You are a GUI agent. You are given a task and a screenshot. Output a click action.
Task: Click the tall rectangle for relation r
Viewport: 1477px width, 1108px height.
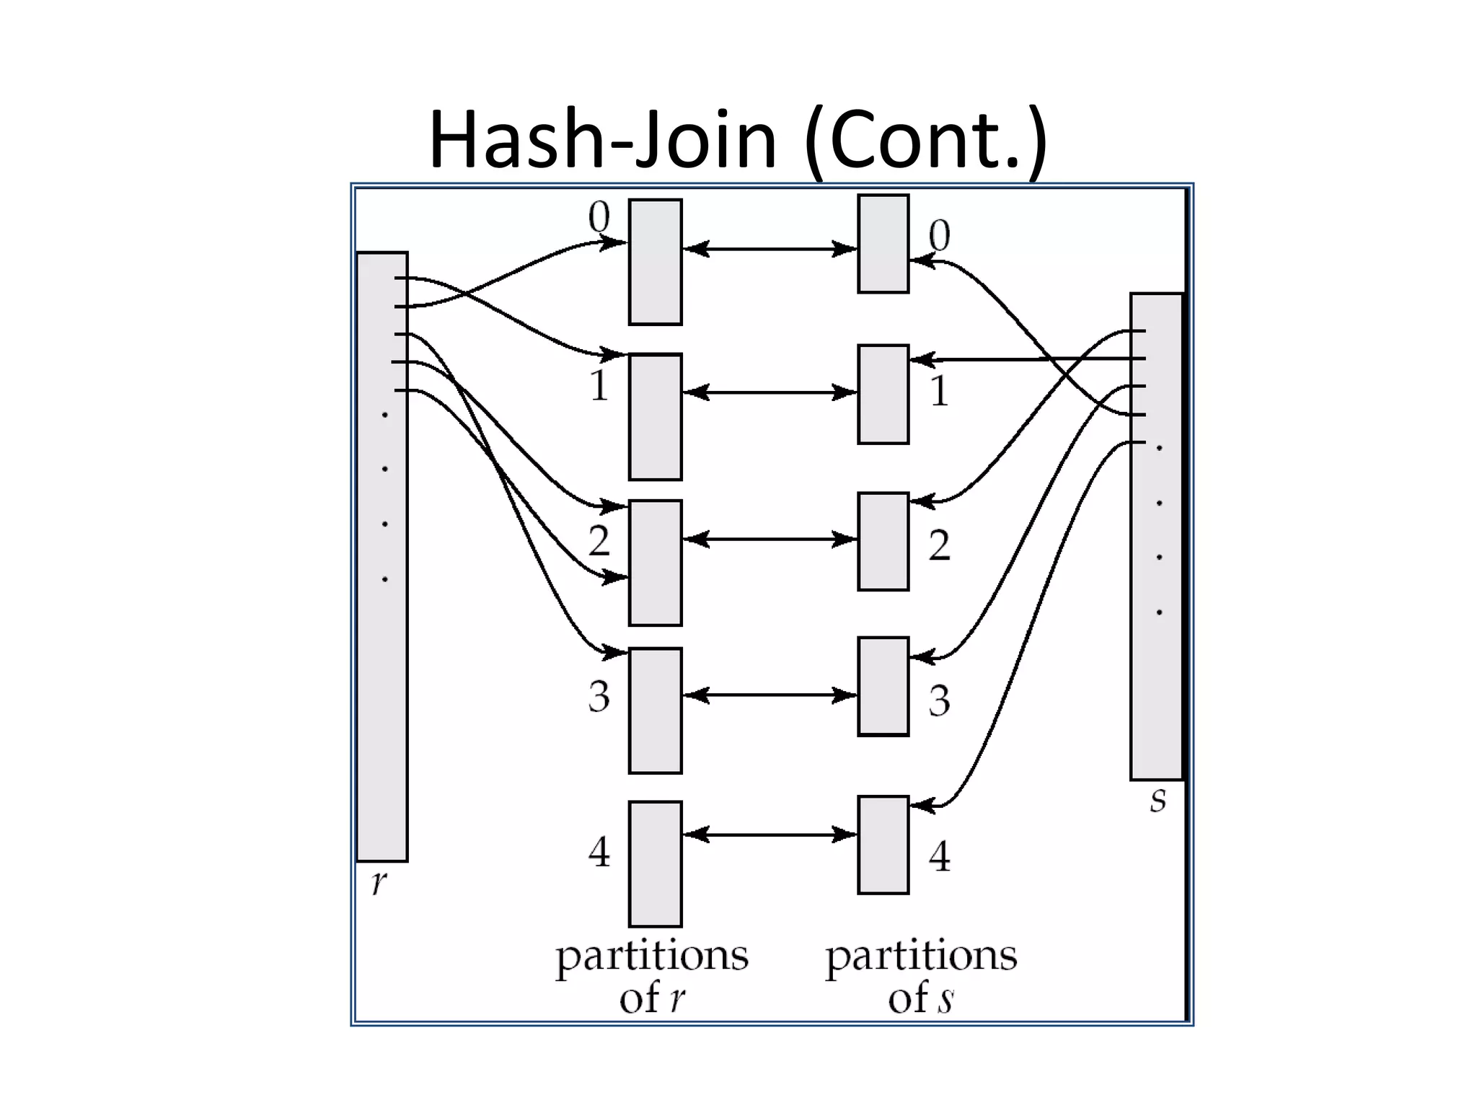[x=382, y=649]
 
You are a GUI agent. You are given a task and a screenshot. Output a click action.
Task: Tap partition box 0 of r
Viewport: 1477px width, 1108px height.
[x=655, y=262]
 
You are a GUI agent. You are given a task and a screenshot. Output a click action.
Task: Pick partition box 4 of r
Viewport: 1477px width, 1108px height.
[x=655, y=863]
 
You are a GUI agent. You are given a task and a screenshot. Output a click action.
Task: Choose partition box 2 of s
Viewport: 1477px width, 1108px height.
[x=883, y=542]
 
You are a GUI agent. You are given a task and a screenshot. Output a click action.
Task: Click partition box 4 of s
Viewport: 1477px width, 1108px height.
[x=883, y=845]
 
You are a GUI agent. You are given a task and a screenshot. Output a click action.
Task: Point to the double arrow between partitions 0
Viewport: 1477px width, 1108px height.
[x=770, y=249]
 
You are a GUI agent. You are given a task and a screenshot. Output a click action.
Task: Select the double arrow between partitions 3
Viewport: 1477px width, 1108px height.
[x=770, y=695]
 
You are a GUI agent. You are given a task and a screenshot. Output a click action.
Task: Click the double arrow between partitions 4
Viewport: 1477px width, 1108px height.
[x=770, y=835]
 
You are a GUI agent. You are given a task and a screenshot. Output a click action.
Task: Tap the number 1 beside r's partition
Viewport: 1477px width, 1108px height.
[x=599, y=385]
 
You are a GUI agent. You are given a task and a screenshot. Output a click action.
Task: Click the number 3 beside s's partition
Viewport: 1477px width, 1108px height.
[x=939, y=700]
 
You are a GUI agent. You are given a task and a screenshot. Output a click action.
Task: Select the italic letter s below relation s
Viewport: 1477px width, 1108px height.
[x=1158, y=799]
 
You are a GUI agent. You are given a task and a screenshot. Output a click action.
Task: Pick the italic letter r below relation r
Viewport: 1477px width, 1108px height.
[x=379, y=881]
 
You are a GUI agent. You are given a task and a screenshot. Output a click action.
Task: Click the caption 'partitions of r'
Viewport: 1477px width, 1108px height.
[x=652, y=976]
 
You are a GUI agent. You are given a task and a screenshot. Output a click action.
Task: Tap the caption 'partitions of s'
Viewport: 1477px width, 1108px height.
[x=921, y=976]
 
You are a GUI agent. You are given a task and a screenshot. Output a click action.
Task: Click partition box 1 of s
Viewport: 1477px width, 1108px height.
[x=883, y=394]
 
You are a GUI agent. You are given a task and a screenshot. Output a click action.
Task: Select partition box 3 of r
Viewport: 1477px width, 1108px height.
[x=655, y=711]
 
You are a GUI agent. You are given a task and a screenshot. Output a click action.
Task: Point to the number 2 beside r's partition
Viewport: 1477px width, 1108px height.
[x=599, y=540]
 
